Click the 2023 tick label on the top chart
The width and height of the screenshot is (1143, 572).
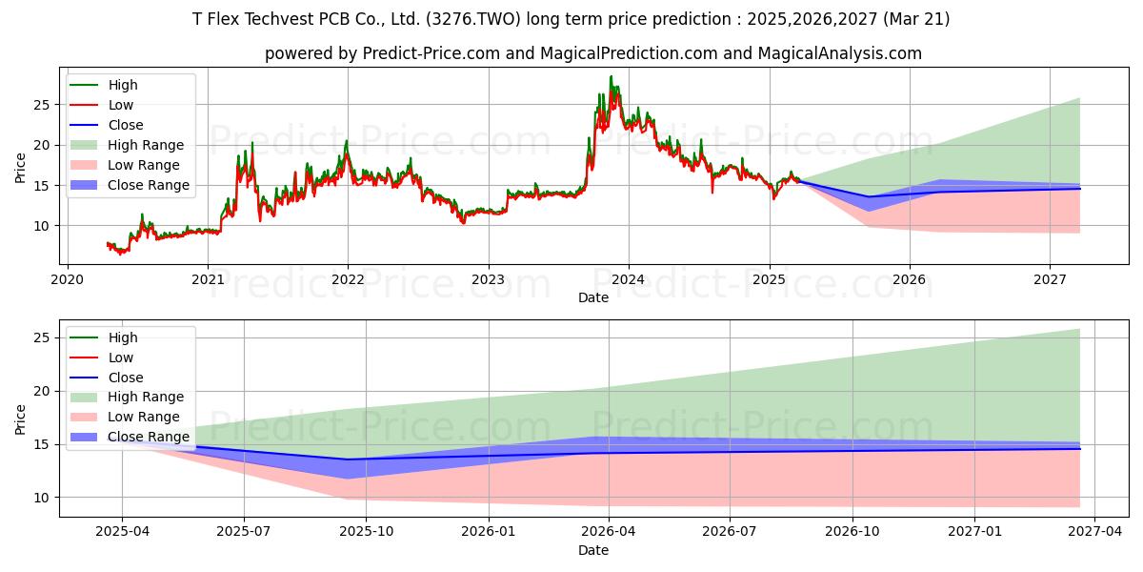[489, 280]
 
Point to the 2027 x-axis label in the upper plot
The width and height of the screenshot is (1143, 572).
[1050, 280]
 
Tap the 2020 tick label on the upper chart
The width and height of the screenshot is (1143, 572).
[68, 280]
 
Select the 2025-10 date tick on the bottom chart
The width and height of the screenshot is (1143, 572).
[367, 532]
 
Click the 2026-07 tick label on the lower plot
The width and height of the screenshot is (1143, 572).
[730, 532]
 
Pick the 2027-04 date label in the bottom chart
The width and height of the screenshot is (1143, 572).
[1095, 532]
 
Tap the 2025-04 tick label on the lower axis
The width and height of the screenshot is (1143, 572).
[123, 532]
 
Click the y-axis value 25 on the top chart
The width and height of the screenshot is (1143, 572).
[42, 105]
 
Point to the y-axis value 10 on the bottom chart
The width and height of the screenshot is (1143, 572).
[42, 498]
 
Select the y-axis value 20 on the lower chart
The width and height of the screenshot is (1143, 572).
[42, 392]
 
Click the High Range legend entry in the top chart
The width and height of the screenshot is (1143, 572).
[127, 145]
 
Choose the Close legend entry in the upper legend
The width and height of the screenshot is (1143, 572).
[106, 125]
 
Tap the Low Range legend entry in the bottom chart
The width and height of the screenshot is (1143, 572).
[125, 418]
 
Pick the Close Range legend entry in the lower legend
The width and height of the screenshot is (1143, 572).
[130, 438]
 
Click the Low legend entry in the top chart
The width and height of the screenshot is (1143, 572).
[101, 105]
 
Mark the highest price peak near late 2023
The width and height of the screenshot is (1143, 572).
[611, 76]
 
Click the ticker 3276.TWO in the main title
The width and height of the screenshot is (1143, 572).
[473, 19]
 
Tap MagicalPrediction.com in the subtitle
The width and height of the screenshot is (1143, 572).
[629, 53]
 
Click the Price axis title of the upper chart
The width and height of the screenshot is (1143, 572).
[20, 168]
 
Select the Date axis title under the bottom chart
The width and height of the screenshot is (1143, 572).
[592, 550]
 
